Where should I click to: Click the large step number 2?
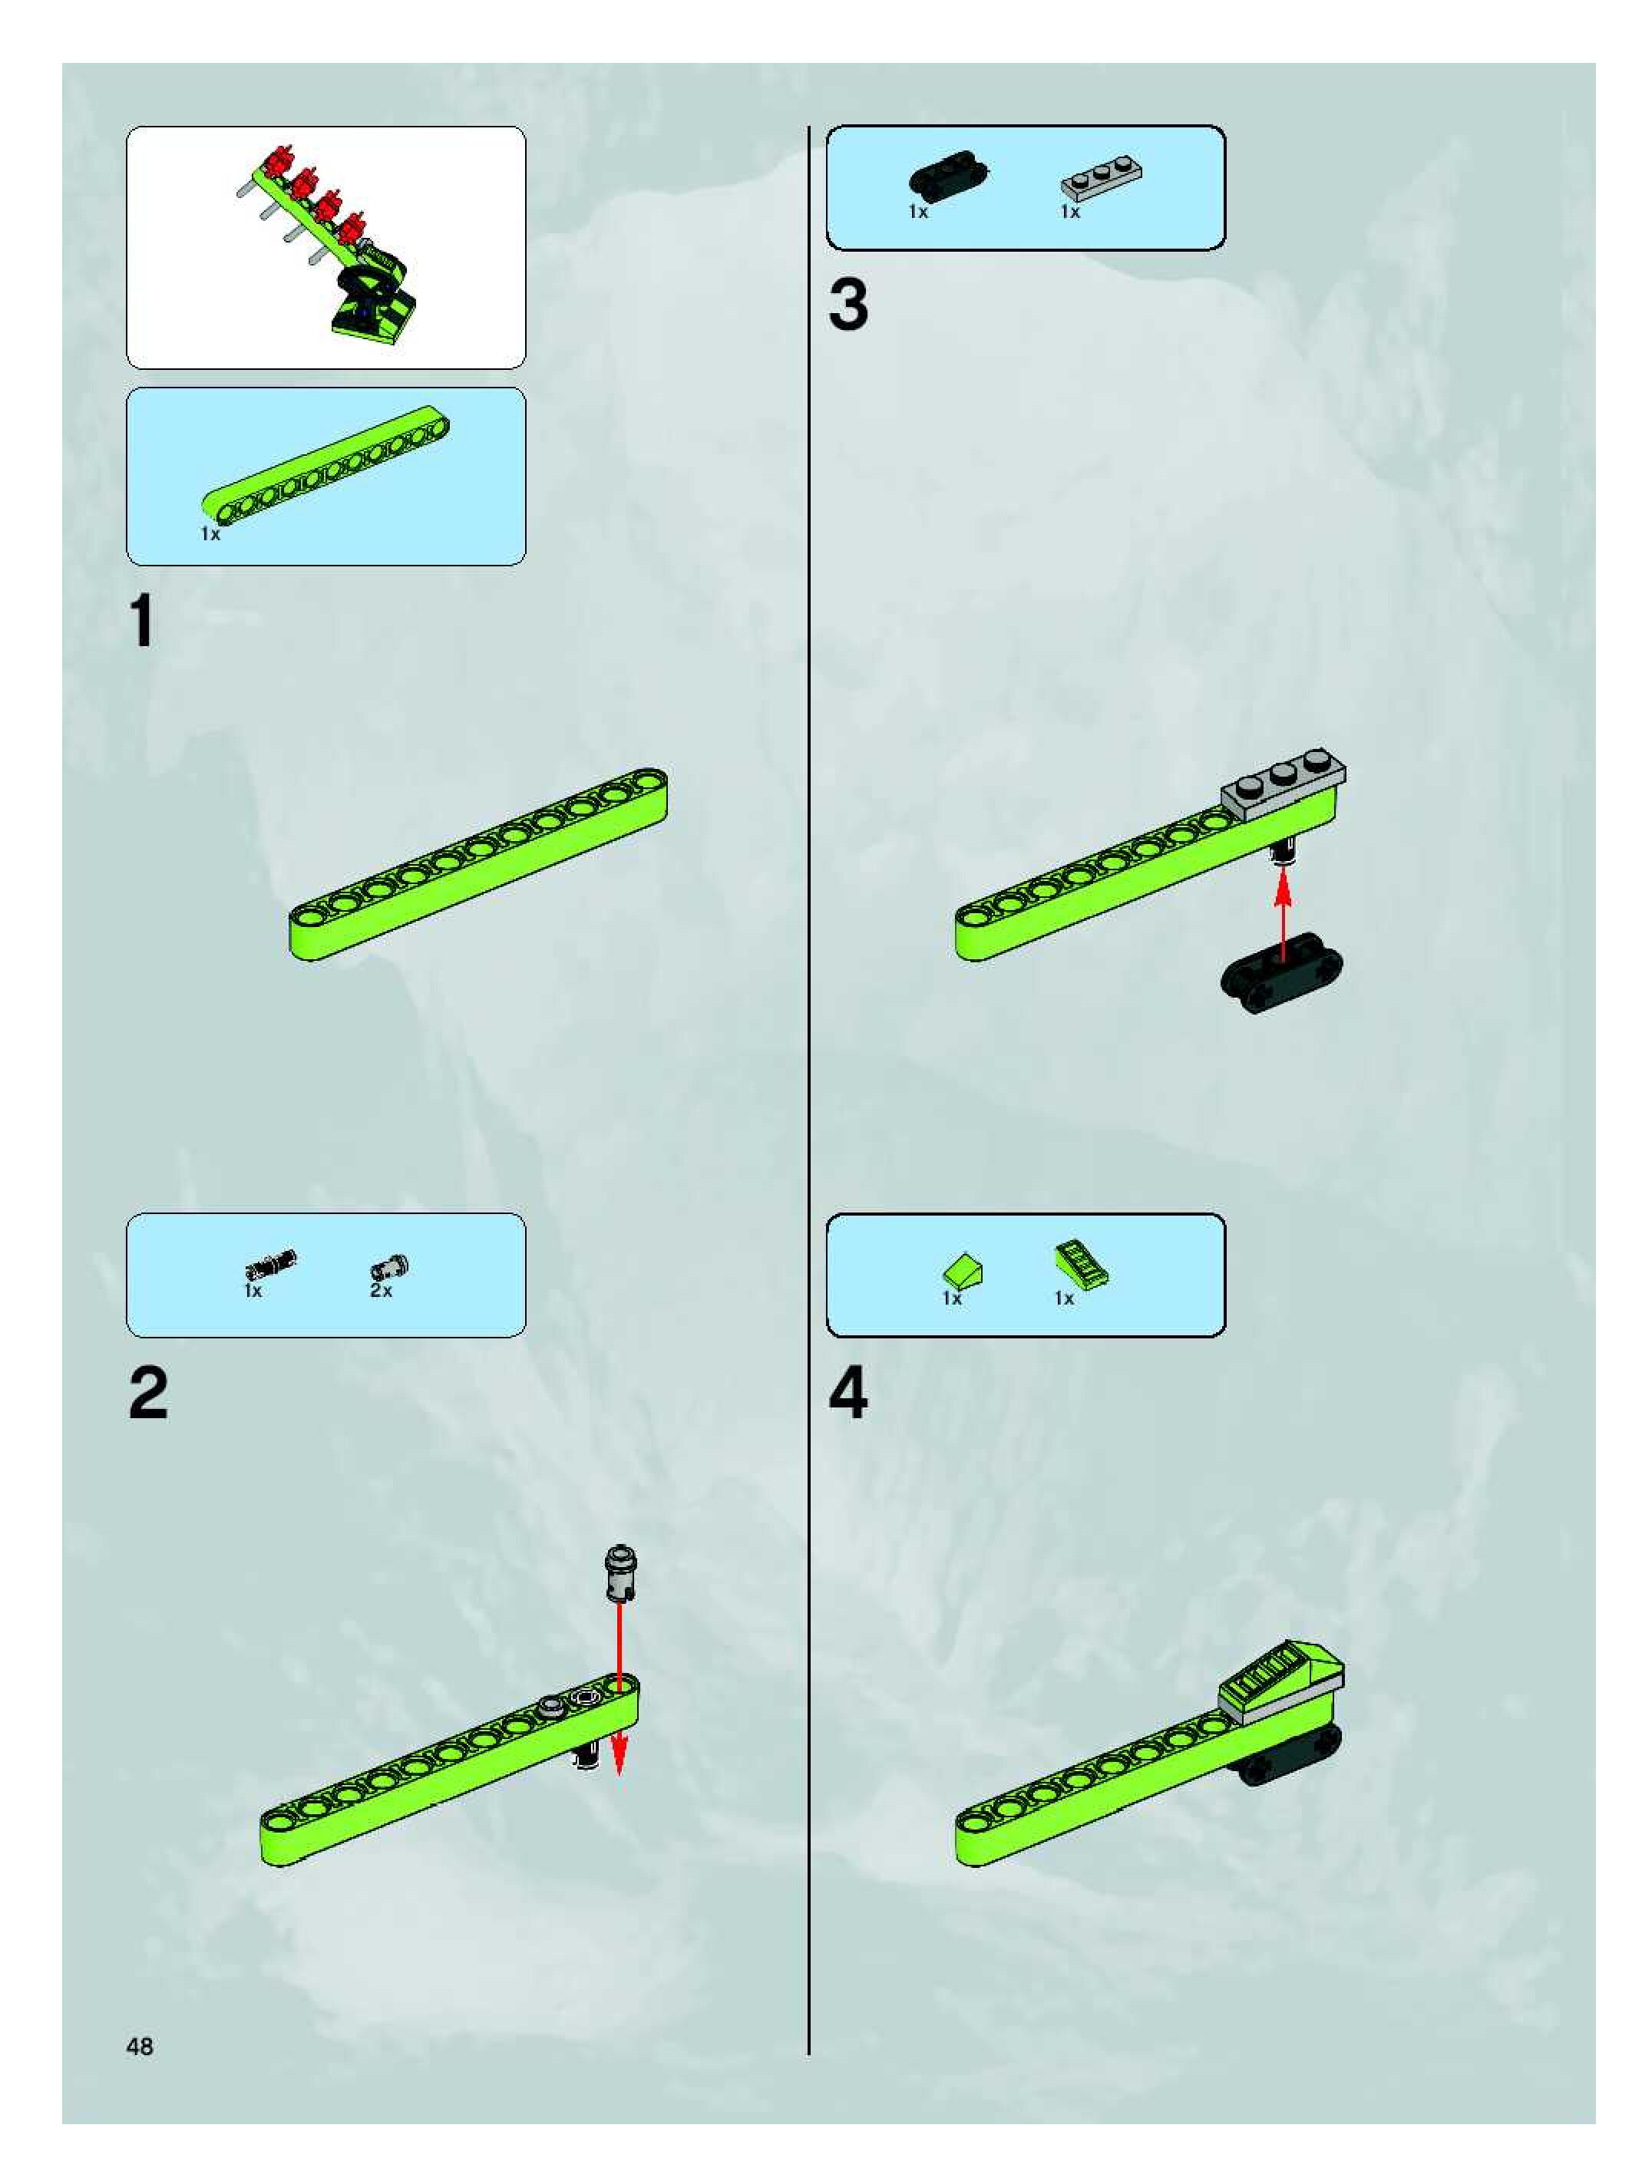coord(148,1393)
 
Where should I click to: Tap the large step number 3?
coord(848,305)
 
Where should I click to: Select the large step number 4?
coord(848,1393)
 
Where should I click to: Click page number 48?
coord(140,2046)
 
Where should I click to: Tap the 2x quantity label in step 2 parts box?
coord(381,1291)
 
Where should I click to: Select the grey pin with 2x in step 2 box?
coord(389,1268)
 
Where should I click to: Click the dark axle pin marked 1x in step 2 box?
coord(271,1263)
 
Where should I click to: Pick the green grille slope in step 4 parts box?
coord(1082,1265)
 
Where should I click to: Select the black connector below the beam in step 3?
coord(1282,972)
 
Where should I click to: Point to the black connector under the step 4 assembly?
coord(1287,1754)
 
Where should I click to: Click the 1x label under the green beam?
coord(210,533)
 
